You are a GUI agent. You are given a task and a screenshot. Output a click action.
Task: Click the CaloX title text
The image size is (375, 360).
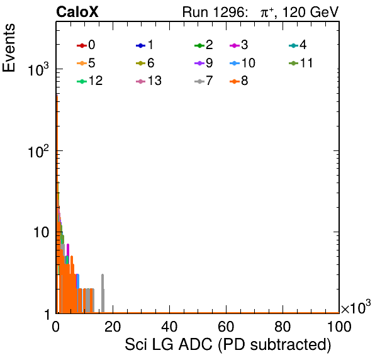(77, 12)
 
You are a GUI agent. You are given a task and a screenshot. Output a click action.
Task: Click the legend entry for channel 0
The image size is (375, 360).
(86, 45)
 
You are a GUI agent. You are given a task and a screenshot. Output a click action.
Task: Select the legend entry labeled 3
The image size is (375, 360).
(238, 45)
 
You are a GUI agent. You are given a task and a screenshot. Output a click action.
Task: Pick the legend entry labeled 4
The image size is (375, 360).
(298, 45)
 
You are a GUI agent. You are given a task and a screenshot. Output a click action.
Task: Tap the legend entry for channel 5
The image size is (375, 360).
(86, 63)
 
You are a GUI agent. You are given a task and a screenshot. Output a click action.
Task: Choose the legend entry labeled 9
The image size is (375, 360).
(203, 63)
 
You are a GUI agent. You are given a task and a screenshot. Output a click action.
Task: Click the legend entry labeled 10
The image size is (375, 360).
(242, 63)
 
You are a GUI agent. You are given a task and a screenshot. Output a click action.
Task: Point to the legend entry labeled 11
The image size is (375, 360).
(301, 63)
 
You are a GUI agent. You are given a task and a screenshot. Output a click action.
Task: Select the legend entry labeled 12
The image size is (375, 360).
(90, 81)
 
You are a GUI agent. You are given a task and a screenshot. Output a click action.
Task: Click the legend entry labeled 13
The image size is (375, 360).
(148, 81)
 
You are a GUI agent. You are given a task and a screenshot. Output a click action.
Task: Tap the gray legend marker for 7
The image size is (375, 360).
(199, 81)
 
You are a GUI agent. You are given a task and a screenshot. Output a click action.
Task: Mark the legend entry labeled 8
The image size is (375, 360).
(238, 81)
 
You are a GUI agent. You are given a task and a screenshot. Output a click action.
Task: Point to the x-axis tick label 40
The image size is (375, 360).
(169, 326)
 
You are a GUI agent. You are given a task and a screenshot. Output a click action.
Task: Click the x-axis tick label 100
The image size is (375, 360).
(339, 326)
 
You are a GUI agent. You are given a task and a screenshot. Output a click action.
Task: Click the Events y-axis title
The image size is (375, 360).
(9, 48)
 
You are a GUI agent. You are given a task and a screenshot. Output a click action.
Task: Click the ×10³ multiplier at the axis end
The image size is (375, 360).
(356, 307)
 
